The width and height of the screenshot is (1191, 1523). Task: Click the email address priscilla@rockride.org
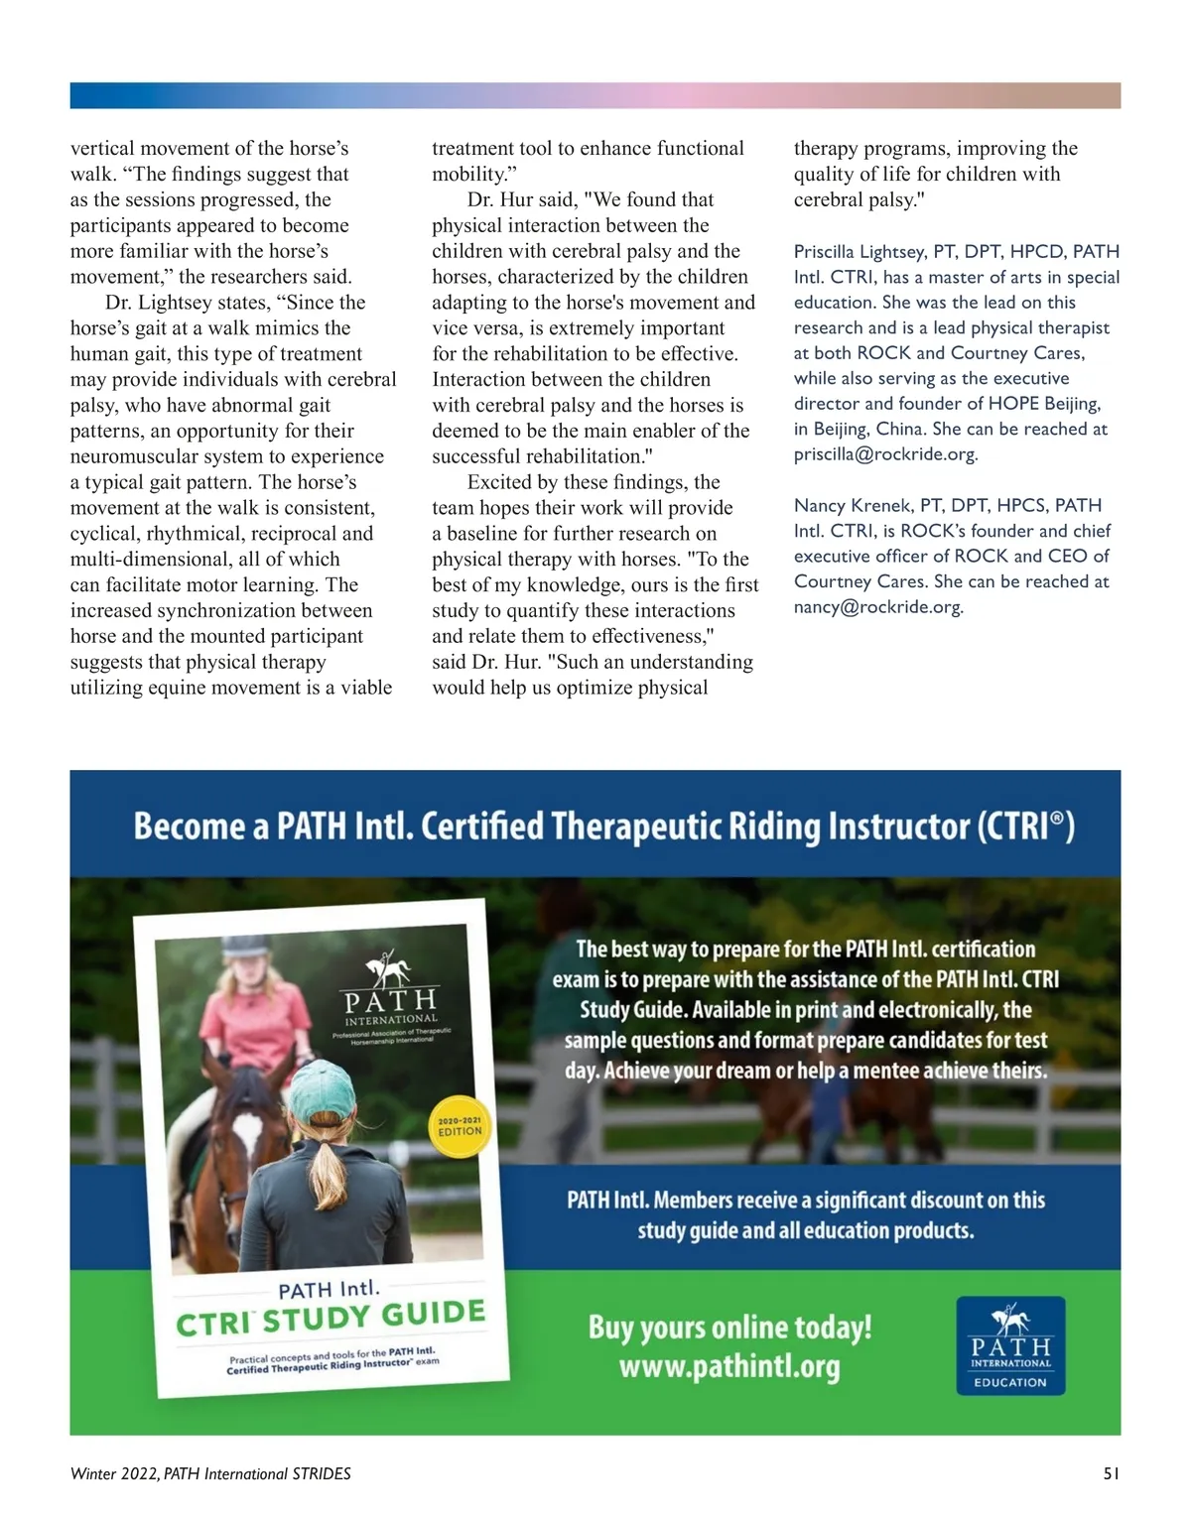pyautogui.click(x=884, y=454)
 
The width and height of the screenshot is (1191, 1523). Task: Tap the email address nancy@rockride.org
pyautogui.click(x=877, y=607)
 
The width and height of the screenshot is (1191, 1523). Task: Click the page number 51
pyautogui.click(x=1111, y=1473)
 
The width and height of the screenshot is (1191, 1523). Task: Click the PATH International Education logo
pyautogui.click(x=1010, y=1345)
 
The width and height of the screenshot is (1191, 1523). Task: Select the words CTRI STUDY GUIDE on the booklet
pyautogui.click(x=331, y=1318)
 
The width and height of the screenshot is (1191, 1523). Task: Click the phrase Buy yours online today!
pyautogui.click(x=729, y=1327)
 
